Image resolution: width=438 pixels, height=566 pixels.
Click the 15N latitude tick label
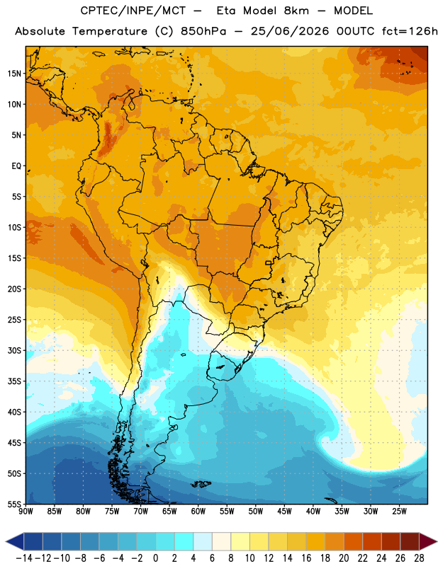(x=14, y=74)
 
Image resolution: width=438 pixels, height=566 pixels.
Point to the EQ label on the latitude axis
(x=16, y=166)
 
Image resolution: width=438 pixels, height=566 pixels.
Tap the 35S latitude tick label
(x=14, y=381)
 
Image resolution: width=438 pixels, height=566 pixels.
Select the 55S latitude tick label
(x=14, y=504)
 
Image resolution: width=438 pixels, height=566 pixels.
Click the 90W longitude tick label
(x=26, y=512)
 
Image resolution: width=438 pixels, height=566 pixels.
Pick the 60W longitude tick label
(x=198, y=512)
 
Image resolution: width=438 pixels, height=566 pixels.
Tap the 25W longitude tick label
(x=399, y=512)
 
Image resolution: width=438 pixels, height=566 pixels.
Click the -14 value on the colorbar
(x=24, y=558)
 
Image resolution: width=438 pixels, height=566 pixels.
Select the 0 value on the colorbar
(x=156, y=558)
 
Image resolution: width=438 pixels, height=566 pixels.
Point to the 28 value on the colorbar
(x=419, y=558)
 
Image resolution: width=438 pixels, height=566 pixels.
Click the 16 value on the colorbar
(x=306, y=558)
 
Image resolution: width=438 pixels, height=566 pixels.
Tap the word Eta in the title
(x=225, y=11)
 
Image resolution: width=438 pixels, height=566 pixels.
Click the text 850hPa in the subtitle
(x=203, y=31)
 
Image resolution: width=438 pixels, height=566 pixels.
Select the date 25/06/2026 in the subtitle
(x=290, y=31)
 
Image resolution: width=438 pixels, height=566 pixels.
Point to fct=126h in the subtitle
(x=410, y=31)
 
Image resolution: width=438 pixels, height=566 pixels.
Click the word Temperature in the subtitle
(x=110, y=31)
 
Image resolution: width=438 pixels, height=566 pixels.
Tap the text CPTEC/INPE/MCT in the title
(x=133, y=11)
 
